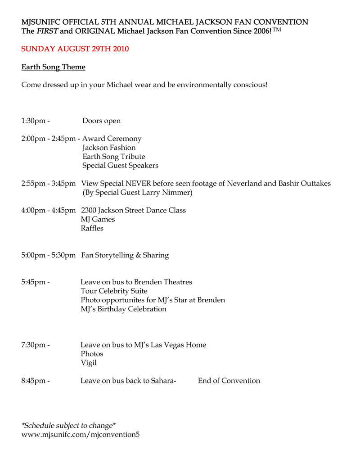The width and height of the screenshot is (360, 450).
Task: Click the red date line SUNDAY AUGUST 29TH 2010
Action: coord(75,49)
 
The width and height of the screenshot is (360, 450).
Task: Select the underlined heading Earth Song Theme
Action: coord(54,67)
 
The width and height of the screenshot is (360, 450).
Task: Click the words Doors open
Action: coord(101,121)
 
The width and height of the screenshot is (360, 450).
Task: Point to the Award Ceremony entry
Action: coord(112,139)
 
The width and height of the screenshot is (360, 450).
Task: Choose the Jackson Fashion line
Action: coord(109,148)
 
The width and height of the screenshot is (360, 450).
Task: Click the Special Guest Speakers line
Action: coord(120,166)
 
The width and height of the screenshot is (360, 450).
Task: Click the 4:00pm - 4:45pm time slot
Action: coord(48,210)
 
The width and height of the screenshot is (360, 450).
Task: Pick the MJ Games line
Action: coord(98,219)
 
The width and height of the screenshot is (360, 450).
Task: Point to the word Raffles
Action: coord(92,228)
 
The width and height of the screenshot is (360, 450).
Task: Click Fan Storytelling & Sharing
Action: coord(125,255)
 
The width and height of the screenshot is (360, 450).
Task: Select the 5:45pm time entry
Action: coord(36,282)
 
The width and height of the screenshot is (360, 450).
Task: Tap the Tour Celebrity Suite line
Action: coord(114,291)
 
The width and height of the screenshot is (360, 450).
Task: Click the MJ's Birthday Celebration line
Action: coord(123,309)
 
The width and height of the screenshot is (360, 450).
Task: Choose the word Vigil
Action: coord(89,363)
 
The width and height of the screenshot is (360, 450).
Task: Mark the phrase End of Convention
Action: coord(229,381)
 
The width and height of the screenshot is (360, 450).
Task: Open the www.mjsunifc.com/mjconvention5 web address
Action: coord(84,435)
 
